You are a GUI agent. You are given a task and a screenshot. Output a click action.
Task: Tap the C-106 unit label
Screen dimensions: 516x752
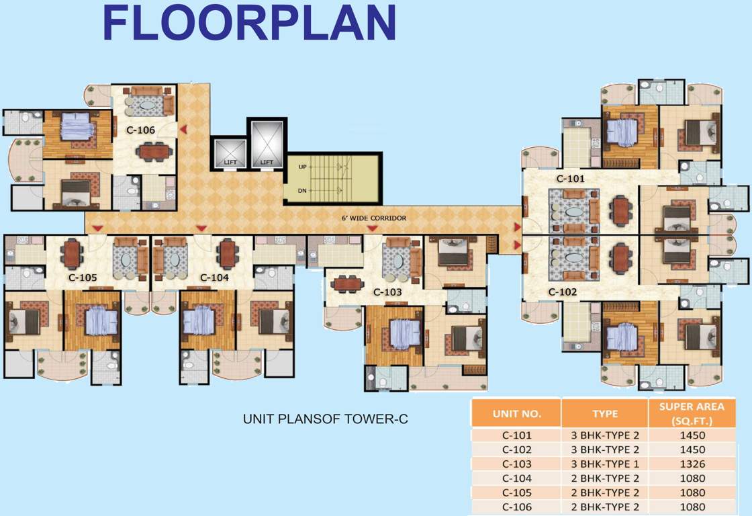pos(141,130)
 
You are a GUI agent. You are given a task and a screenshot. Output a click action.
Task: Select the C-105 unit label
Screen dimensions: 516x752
pos(83,277)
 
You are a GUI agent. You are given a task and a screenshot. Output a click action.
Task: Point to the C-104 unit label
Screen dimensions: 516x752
pos(214,277)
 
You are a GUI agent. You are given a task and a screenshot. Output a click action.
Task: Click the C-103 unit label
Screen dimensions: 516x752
pos(387,292)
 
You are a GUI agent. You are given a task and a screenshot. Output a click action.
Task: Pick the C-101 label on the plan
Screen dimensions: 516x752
pos(571,179)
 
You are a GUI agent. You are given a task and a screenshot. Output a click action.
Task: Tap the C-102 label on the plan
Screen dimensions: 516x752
pos(563,292)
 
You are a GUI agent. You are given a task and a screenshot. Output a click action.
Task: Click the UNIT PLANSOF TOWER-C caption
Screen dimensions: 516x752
pos(326,419)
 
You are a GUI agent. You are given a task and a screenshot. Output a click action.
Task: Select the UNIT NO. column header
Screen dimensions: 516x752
pos(516,413)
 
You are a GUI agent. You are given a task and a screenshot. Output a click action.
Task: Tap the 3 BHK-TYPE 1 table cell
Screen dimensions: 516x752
pos(604,464)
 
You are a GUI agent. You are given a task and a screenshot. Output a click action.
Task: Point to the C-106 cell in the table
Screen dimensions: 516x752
pos(516,507)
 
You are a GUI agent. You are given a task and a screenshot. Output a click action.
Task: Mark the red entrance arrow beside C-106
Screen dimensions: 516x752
pos(183,130)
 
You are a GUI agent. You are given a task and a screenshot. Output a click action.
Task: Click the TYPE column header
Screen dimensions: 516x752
pos(604,413)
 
